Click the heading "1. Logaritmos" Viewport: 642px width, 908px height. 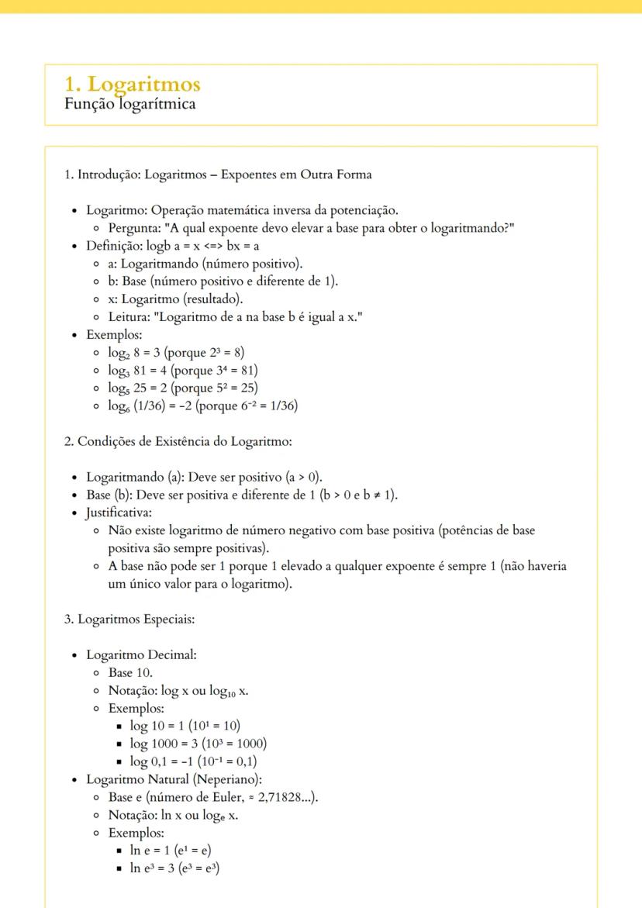[133, 85]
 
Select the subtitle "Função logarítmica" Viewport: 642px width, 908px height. [129, 104]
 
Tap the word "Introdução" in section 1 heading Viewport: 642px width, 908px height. [107, 174]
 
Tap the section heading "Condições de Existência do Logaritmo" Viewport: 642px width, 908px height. [183, 441]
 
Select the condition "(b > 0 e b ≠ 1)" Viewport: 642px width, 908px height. [357, 495]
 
